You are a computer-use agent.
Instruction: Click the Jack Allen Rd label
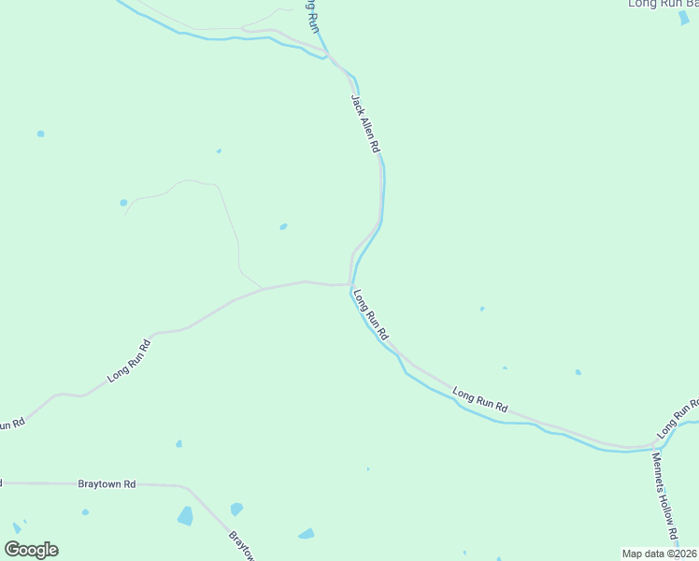[x=365, y=122]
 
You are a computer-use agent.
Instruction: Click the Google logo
[x=31, y=550]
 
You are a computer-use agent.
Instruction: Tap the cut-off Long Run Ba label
[x=663, y=4]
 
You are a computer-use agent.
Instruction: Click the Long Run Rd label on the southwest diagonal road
[x=129, y=360]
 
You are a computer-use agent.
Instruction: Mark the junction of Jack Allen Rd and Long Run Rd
[x=351, y=283]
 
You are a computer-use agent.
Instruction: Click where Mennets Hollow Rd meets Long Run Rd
[x=653, y=446]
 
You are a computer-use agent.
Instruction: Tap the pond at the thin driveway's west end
[x=123, y=202]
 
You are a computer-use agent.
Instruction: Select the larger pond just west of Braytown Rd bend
[x=185, y=515]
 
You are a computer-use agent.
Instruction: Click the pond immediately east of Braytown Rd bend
[x=236, y=509]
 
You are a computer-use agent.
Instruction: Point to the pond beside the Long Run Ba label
[x=684, y=18]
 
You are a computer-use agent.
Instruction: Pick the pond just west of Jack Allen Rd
[x=283, y=226]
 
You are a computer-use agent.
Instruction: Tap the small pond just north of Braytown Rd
[x=178, y=443]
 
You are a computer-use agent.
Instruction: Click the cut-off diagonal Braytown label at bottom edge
[x=241, y=546]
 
